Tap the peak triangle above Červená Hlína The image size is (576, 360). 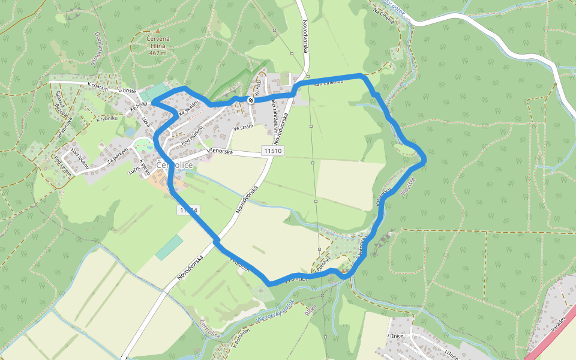tap(157, 30)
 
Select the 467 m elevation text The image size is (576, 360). tap(157, 53)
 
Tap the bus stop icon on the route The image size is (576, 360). tap(251, 100)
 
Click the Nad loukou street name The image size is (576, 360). tap(80, 157)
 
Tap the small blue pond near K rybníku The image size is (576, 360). tap(130, 131)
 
